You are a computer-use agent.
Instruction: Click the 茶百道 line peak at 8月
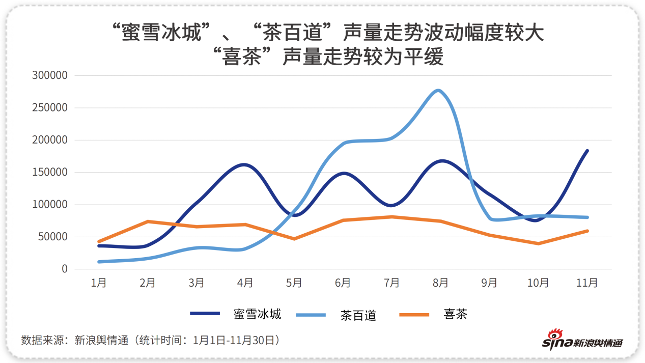pos(439,91)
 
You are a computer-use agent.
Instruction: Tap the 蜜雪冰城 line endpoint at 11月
pos(587,151)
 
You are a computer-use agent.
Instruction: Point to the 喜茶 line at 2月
pos(148,221)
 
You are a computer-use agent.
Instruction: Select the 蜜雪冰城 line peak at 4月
pos(245,164)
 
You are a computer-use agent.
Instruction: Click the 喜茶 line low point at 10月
pos(538,243)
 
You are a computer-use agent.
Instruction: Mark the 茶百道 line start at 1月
pos(99,262)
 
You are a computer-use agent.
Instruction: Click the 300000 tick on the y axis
pos(49,75)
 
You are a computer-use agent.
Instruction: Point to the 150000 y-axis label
pos(49,172)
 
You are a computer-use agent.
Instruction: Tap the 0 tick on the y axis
pos(64,269)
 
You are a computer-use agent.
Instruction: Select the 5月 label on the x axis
pos(294,283)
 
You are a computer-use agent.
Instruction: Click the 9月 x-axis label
pos(489,283)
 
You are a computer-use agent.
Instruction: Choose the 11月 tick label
pos(587,283)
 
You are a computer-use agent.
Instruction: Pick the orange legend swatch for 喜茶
pos(414,315)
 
